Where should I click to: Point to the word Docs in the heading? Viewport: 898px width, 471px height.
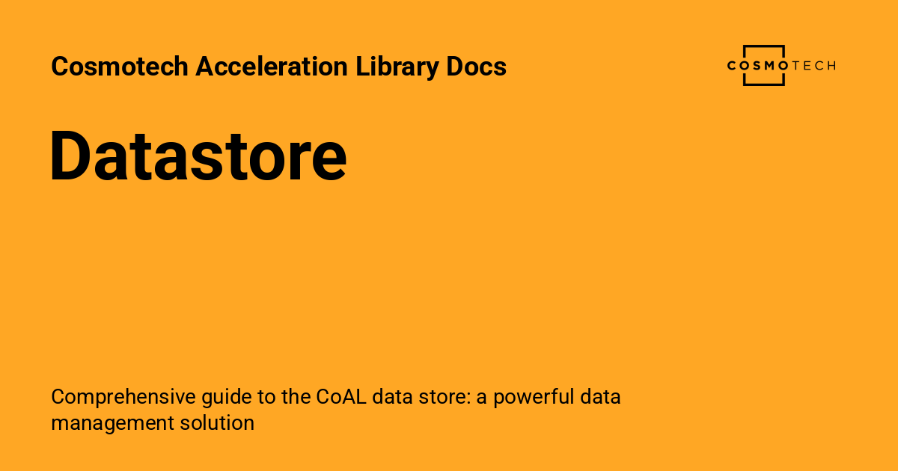(477, 67)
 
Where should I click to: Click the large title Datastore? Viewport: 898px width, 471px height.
(198, 157)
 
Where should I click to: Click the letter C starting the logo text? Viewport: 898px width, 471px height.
(732, 66)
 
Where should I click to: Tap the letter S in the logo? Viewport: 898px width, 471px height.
(757, 66)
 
